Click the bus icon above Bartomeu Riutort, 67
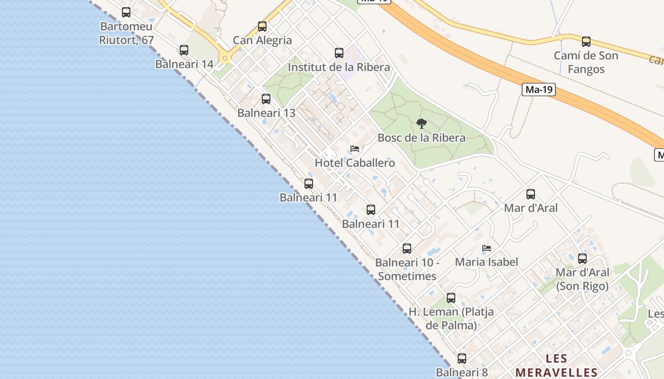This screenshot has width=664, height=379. pos(126,12)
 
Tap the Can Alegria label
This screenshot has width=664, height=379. pos(262,40)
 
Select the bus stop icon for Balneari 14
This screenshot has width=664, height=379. pos(184,50)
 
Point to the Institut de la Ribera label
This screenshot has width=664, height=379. pos(339,67)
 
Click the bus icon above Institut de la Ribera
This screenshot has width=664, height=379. pos(339,53)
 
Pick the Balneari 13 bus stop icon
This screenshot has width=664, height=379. pos(266,99)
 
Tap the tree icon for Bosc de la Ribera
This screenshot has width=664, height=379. pos(421,124)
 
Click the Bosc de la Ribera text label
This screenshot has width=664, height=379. pos(421,138)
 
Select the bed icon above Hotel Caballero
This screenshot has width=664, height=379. pos(354,149)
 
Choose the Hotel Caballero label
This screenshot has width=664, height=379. pos(355,163)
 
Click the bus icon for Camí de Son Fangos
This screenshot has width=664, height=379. pos(586,41)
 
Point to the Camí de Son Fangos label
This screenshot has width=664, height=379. pos(586,63)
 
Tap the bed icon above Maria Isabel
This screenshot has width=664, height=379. pos(486,248)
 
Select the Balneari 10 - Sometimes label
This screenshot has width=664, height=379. pos(407,269)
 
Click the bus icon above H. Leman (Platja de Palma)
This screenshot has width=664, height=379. pos(451,298)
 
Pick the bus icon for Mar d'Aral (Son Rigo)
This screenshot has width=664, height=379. pos(582,258)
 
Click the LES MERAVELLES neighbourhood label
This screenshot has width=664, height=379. pos(556,365)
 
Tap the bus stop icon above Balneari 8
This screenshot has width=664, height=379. pos(462,359)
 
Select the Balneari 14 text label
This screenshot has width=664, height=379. pos(184,64)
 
